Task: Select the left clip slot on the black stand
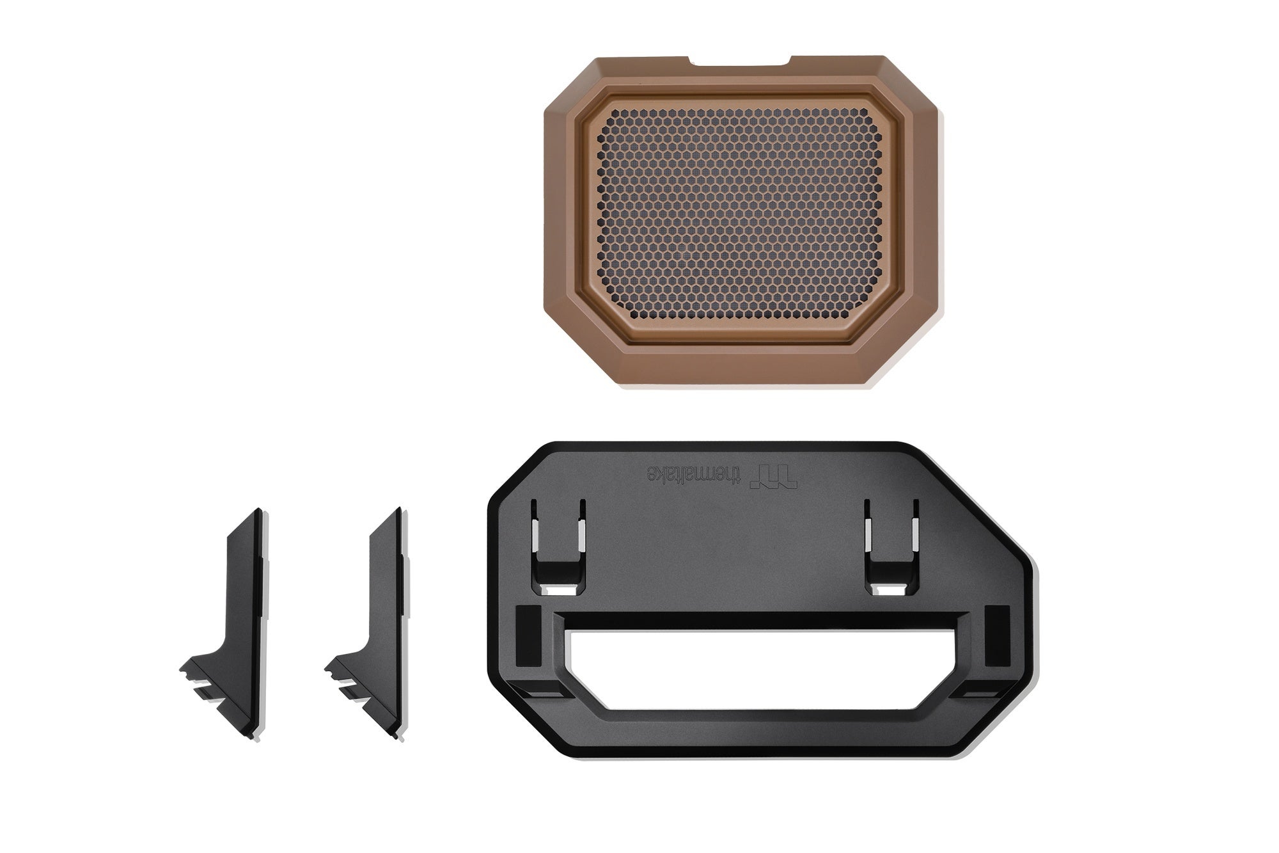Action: tap(559, 546)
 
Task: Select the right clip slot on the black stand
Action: tap(891, 546)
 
